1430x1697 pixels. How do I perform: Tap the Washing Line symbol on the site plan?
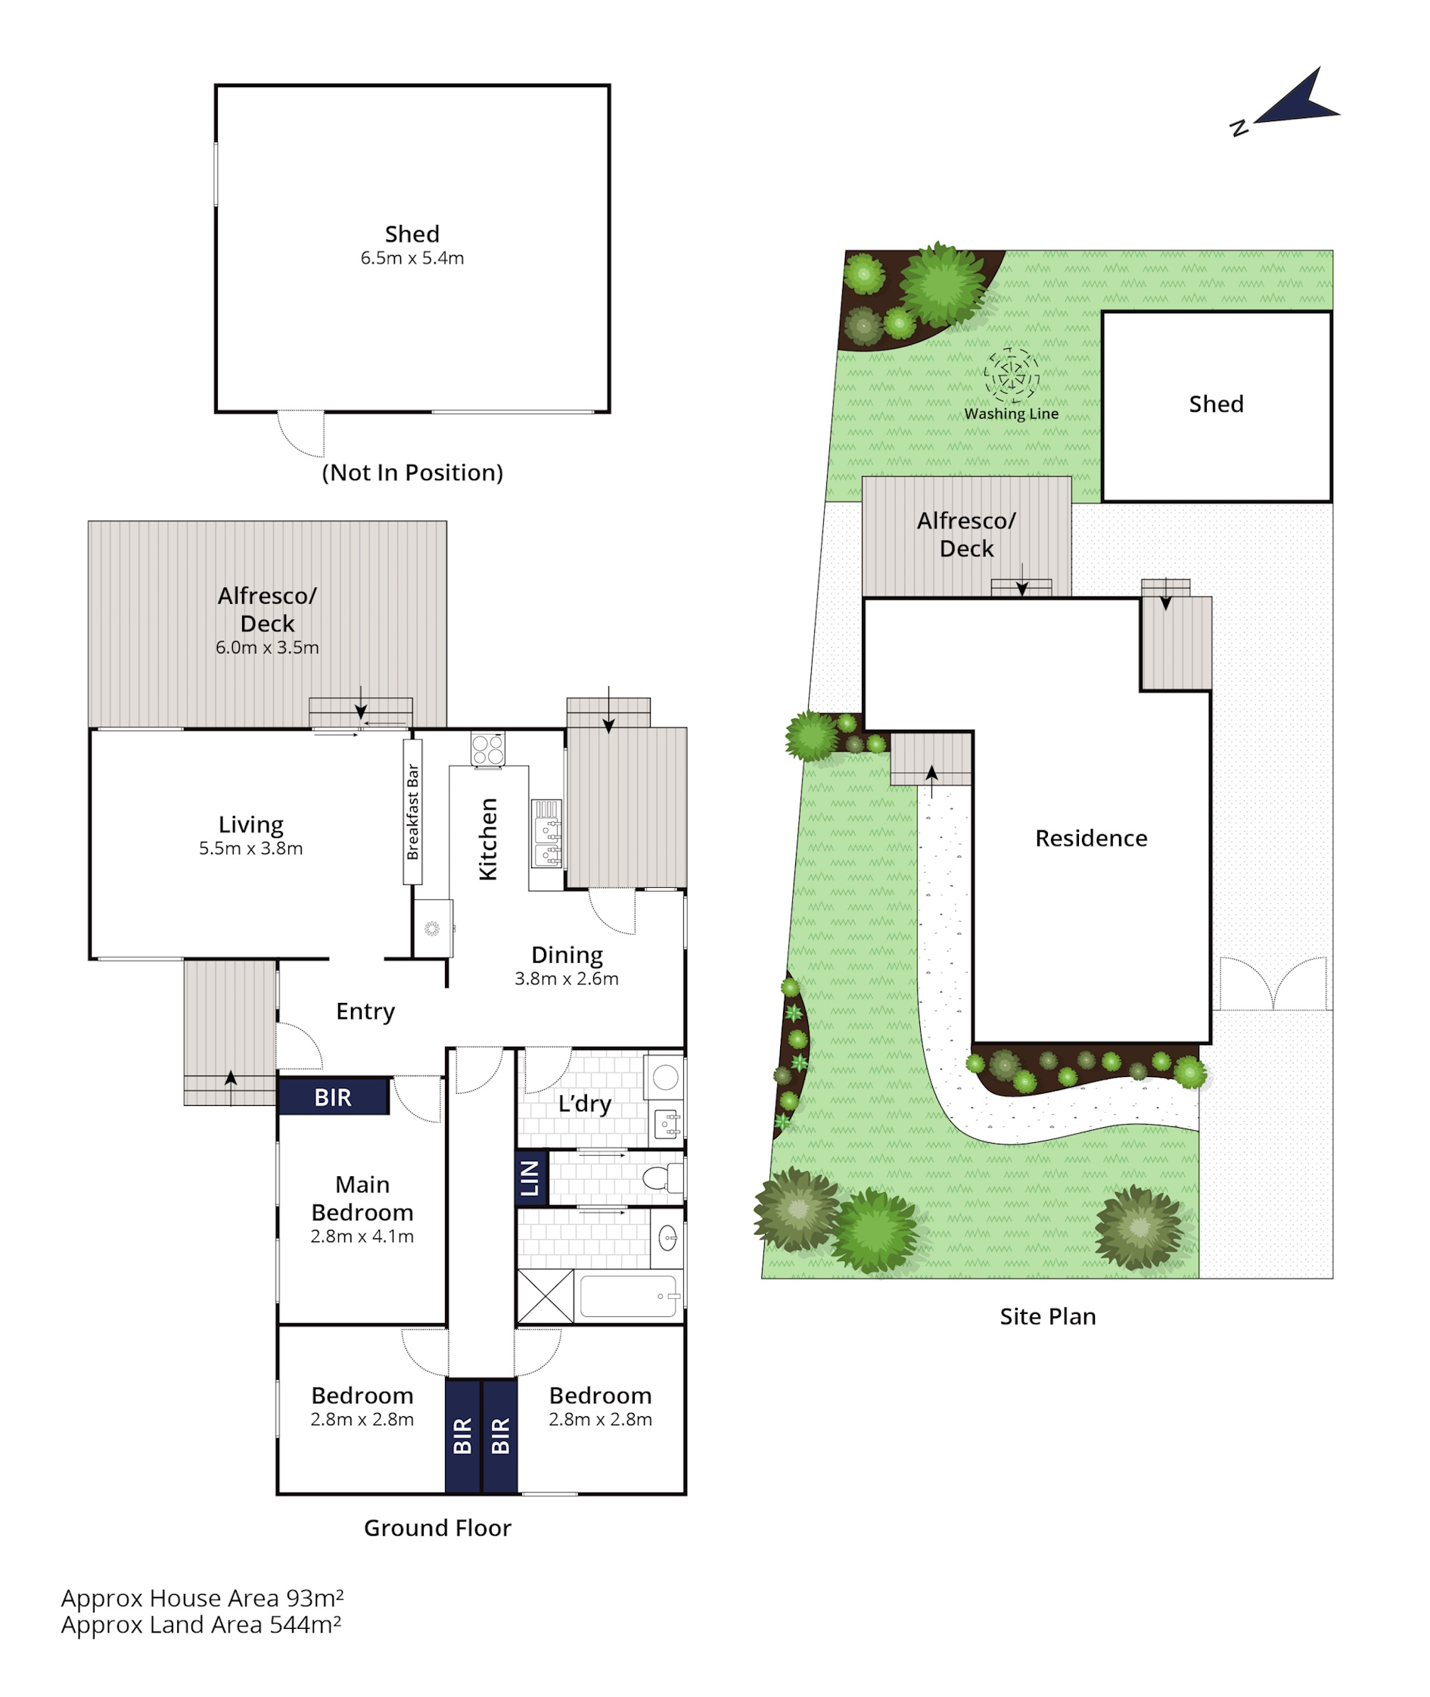click(x=1011, y=375)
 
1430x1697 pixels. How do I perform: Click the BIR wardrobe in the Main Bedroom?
click(x=333, y=1097)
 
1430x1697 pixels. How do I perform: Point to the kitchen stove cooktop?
click(x=488, y=749)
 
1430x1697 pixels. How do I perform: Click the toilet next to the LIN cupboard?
click(x=662, y=1177)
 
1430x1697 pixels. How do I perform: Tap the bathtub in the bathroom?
click(x=629, y=1296)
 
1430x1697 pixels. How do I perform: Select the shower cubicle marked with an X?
click(x=546, y=1297)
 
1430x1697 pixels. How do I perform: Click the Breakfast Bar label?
click(x=412, y=811)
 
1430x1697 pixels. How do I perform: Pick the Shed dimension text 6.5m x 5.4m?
click(x=412, y=258)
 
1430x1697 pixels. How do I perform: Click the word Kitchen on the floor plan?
click(x=488, y=839)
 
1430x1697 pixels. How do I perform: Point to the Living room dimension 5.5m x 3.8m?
click(x=250, y=848)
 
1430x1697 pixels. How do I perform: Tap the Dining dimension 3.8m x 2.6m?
click(x=567, y=979)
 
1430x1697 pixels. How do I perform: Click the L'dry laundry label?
click(x=584, y=1104)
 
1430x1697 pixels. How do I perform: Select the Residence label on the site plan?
click(x=1091, y=838)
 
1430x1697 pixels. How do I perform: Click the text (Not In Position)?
click(x=412, y=473)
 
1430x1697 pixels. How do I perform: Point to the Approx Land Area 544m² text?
click(x=201, y=1625)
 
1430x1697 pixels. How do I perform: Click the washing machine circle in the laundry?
click(x=666, y=1077)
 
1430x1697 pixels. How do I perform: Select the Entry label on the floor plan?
click(x=365, y=1012)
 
